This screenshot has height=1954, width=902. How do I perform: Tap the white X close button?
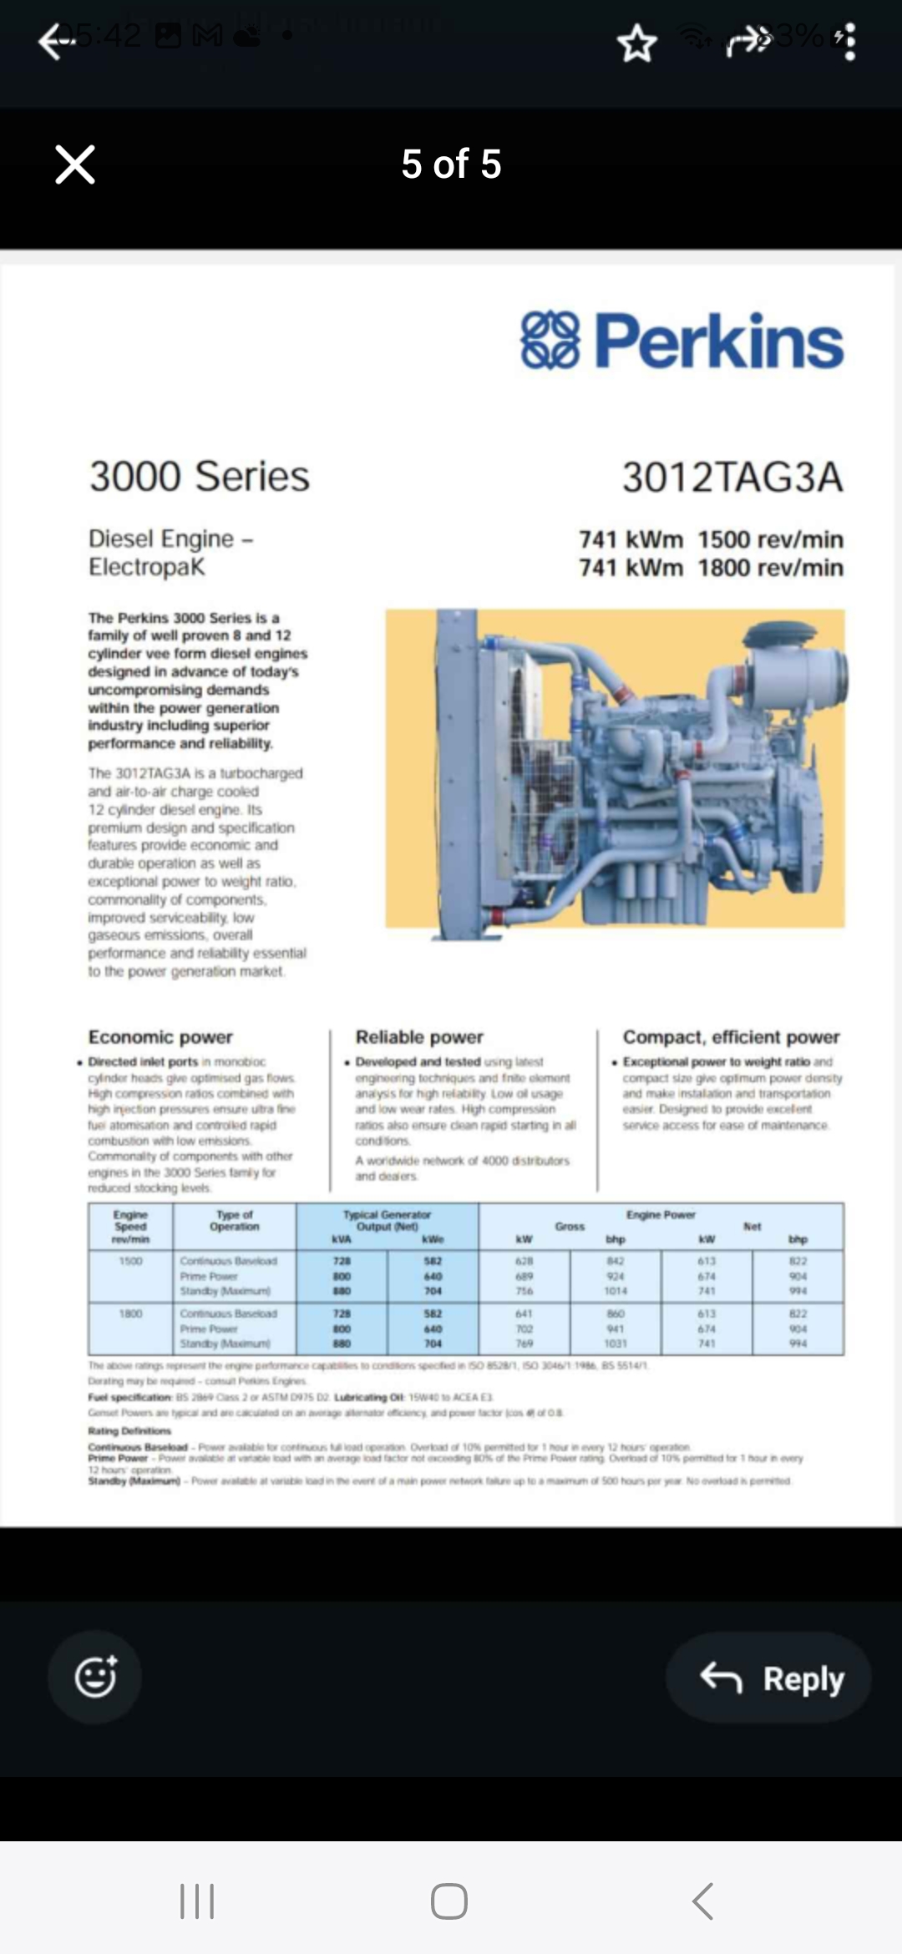[75, 164]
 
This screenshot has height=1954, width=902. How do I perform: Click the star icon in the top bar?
[637, 43]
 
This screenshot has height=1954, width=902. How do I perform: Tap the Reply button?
[769, 1678]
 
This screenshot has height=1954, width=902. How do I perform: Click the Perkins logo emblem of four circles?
[550, 340]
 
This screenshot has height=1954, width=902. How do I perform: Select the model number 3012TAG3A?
[732, 477]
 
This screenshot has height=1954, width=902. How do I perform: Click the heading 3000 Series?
[200, 476]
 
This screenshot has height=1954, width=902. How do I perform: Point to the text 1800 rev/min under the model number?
[770, 568]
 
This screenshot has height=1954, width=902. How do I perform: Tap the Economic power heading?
[160, 1037]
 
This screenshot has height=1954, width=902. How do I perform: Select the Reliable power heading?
[419, 1037]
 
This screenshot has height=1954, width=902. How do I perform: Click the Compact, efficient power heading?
[731, 1037]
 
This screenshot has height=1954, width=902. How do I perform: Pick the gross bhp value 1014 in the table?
[616, 1291]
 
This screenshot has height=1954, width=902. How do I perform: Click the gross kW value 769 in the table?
[524, 1344]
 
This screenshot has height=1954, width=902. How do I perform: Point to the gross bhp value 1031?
[616, 1344]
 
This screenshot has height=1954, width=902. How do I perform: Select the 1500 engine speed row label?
[130, 1261]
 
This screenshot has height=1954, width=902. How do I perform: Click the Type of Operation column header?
[235, 1221]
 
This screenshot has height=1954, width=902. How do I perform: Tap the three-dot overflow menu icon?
[849, 42]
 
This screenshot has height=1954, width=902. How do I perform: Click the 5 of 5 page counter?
[451, 164]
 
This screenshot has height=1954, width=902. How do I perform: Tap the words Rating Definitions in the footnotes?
[129, 1430]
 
